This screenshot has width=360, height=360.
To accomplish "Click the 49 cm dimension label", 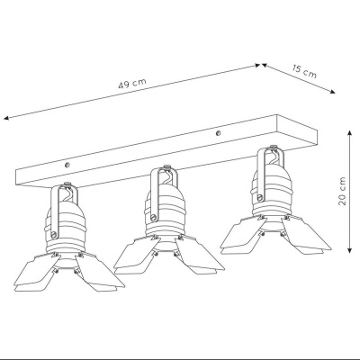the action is point(132,84).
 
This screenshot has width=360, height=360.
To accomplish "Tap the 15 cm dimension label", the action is point(304,71).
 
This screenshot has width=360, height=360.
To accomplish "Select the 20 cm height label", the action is point(342,191).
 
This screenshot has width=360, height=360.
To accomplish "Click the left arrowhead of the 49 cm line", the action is point(6,118).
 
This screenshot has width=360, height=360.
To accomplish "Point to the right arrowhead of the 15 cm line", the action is point(332,92).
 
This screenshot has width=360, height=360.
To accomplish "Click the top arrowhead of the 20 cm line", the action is point(349,133).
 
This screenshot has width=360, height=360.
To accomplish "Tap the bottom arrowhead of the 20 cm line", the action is point(349,250).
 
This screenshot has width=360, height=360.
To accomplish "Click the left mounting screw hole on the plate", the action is point(67,164).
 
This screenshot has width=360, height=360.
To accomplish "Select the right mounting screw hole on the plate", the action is point(219,132).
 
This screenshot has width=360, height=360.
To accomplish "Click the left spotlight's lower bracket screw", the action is point(54,235).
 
